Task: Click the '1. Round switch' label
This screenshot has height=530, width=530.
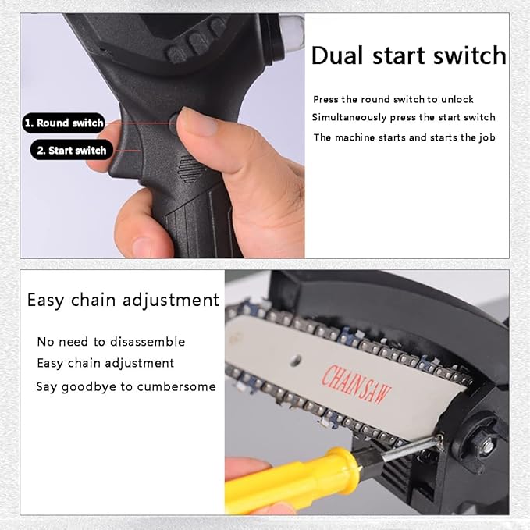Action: coord(63,123)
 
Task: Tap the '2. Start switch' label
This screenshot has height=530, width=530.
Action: coord(71,150)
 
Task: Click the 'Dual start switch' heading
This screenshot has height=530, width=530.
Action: coord(409,55)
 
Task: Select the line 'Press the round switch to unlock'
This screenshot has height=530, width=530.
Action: coord(393,99)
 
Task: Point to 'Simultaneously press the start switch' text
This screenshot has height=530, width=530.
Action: coord(404,117)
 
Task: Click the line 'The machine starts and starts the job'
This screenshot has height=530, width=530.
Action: coord(404,137)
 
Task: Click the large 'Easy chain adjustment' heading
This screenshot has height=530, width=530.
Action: coord(123,301)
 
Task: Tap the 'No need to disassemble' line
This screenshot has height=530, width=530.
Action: coord(111,342)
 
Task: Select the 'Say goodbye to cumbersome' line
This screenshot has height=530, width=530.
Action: coord(126,386)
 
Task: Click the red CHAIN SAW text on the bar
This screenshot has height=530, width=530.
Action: coord(356,383)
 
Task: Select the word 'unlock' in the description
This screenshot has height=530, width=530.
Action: coord(457,99)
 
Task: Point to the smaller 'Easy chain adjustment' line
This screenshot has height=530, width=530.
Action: coord(105,364)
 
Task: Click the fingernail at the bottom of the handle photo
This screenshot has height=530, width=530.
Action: coord(142,246)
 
